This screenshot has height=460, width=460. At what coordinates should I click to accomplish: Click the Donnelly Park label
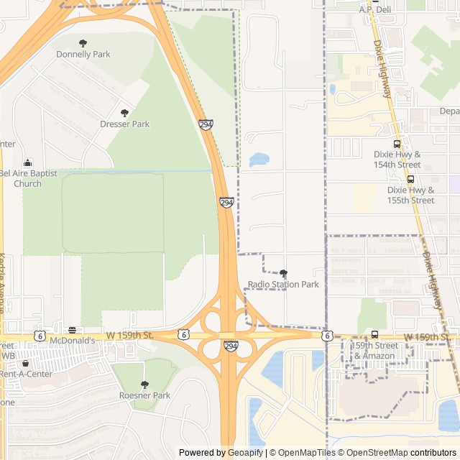83,54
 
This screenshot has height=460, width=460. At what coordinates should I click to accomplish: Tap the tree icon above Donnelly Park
83,43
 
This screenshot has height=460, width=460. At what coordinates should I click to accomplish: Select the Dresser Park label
125,124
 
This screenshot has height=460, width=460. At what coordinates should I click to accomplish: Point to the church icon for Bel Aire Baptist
27,162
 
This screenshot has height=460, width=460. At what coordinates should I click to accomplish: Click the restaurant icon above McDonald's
72,330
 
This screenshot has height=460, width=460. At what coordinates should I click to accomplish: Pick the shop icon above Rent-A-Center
26,364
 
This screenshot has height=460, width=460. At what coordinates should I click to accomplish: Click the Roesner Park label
144,395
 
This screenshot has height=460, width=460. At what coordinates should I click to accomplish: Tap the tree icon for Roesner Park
144,385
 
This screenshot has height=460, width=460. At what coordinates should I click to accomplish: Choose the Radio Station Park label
283,284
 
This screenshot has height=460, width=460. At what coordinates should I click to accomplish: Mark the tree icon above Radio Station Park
283,273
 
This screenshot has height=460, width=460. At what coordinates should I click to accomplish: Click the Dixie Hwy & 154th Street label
397,160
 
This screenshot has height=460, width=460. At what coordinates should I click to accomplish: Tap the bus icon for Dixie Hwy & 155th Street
410,179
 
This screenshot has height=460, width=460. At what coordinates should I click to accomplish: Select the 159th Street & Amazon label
374,351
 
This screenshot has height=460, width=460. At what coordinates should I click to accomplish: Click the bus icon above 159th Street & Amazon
374,335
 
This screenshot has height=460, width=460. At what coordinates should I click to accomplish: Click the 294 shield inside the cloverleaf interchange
230,346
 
